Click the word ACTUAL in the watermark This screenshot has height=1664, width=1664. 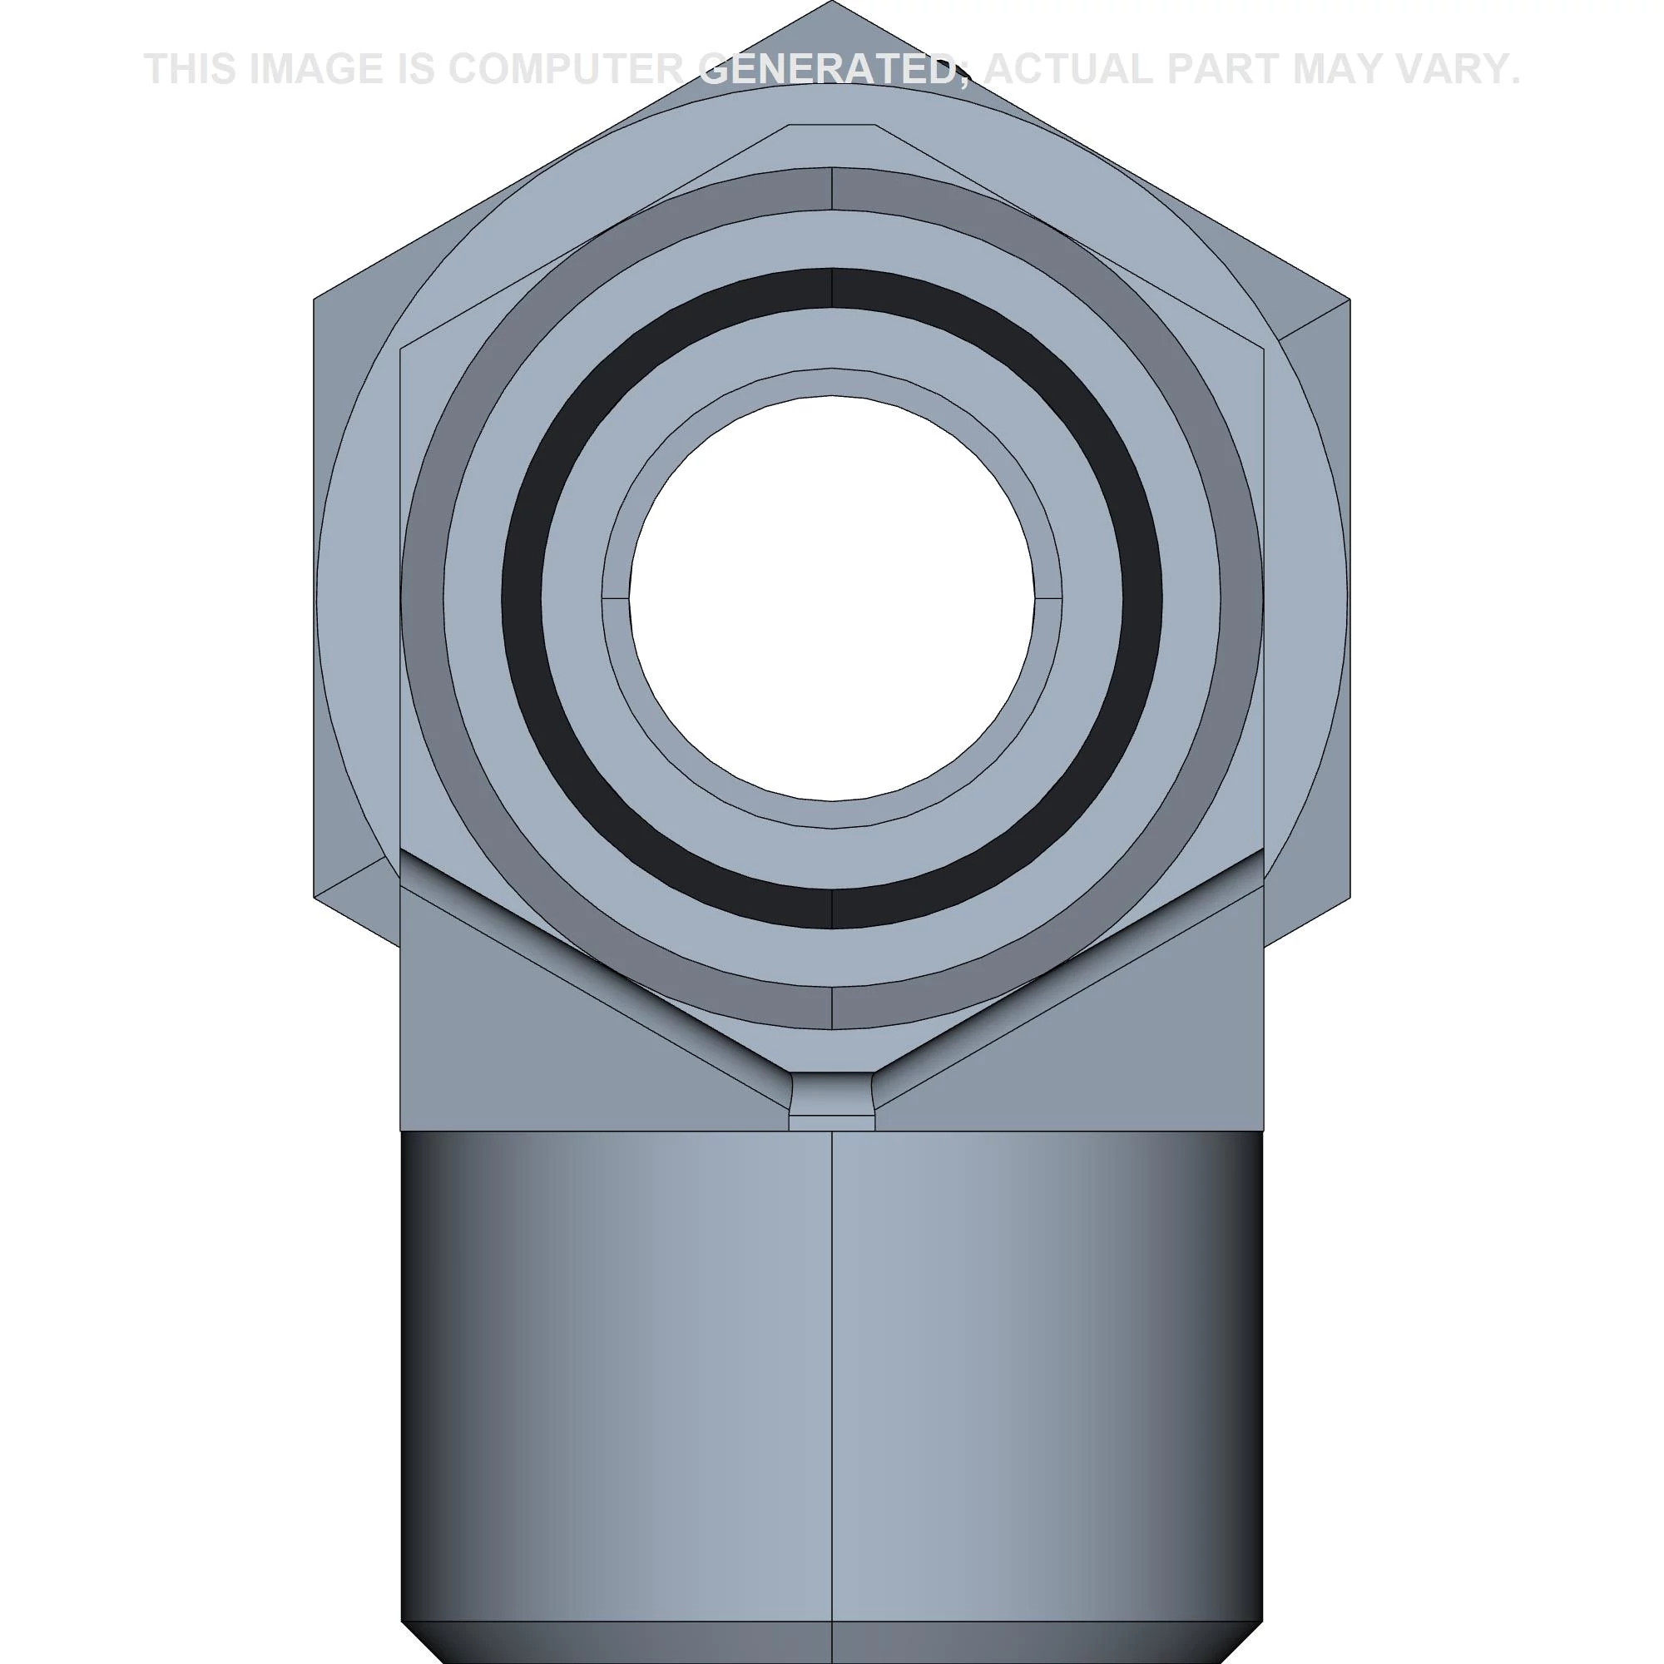[1067, 69]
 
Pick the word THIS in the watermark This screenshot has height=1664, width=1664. [190, 69]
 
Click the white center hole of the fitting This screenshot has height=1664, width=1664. [832, 597]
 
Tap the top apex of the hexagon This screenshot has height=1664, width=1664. [832, 5]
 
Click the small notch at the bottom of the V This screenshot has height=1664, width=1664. [832, 1098]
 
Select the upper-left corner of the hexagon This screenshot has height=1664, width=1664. [315, 300]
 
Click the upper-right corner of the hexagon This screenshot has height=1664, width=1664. [1349, 300]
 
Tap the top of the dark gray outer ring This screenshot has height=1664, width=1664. [832, 188]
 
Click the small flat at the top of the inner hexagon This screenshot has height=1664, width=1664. [832, 126]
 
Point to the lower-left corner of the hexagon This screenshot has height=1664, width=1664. [315, 897]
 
